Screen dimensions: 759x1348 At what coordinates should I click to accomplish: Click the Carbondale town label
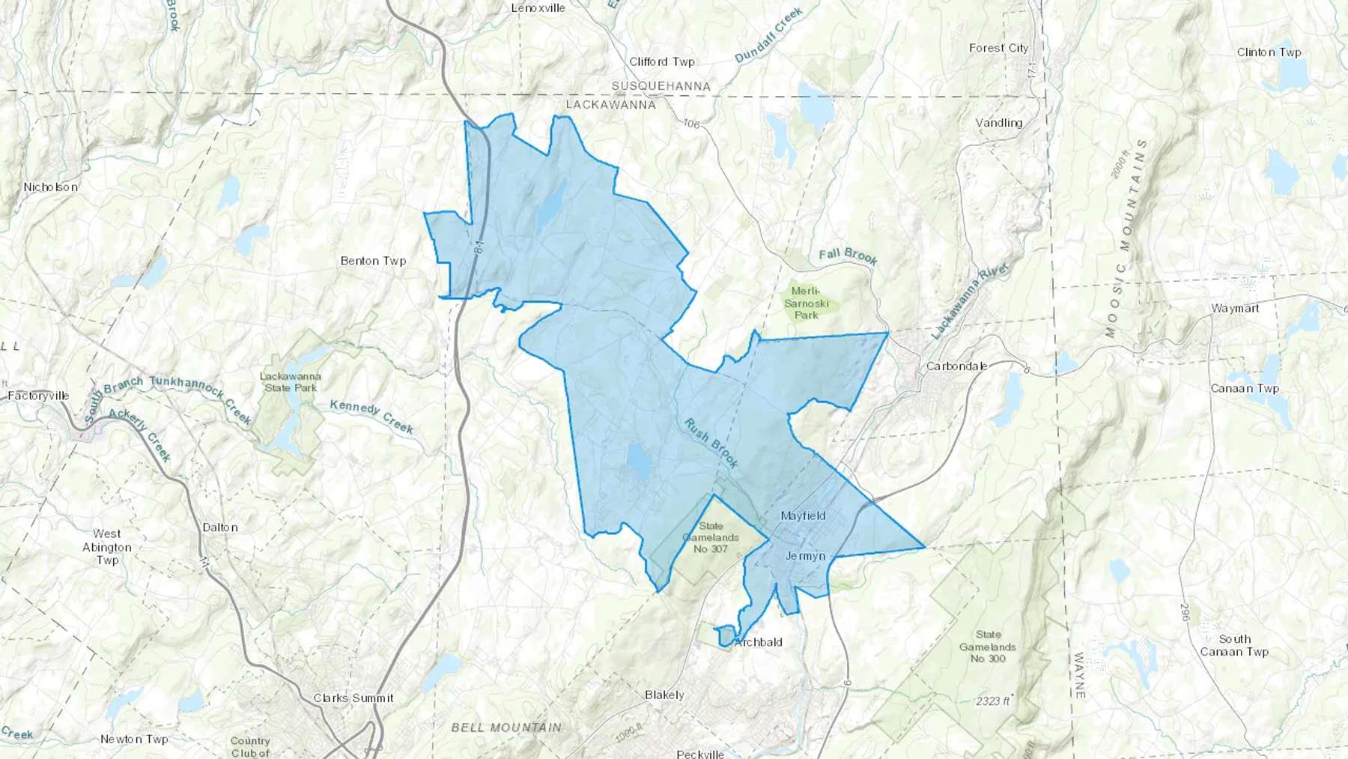coord(956,366)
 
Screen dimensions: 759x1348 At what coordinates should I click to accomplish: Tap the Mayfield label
coord(803,515)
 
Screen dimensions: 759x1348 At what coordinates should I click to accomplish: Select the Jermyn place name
coord(805,556)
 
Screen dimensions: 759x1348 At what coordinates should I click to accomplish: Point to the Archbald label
coord(758,642)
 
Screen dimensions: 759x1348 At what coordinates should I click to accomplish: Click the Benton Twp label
coord(373,261)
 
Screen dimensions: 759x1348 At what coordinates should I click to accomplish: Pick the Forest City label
coord(998,48)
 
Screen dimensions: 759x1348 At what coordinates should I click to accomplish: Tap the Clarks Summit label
coord(353,698)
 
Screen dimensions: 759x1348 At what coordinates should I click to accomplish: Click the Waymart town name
coord(1235,308)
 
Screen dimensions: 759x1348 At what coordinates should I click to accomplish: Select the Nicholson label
coord(50,187)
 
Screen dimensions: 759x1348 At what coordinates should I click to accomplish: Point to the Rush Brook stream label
coord(711,443)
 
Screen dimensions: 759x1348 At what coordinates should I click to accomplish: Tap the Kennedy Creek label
coord(371,417)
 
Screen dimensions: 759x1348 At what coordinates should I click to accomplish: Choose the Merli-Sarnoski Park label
coord(806,303)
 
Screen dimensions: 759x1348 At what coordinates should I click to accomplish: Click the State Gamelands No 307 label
coord(711,537)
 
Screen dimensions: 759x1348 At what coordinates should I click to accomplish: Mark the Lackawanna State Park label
coord(291,381)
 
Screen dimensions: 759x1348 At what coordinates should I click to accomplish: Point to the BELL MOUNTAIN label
coord(506,727)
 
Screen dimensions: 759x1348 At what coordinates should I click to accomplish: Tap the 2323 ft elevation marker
coord(993,701)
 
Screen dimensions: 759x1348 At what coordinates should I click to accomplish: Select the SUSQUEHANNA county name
coord(661,86)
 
